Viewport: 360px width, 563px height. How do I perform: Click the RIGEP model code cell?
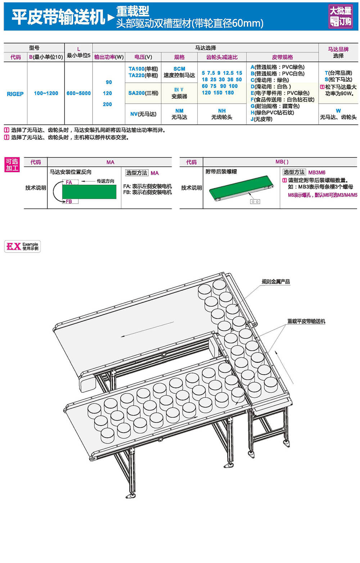15,94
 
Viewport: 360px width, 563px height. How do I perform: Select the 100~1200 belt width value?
46,93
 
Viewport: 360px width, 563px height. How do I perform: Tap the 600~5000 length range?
78,93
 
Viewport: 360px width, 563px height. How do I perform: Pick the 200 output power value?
107,104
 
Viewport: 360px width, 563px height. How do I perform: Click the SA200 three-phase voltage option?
143,93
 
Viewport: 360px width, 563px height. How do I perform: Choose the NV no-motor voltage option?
143,114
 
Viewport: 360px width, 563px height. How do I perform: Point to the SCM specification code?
179,69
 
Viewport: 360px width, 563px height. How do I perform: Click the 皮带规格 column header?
282,57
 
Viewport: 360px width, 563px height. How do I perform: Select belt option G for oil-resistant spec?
275,106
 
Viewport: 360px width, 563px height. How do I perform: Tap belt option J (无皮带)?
261,119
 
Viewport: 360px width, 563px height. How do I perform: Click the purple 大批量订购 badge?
341,16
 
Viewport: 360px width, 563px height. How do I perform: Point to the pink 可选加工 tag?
12,165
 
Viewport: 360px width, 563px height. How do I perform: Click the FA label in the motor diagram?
69,182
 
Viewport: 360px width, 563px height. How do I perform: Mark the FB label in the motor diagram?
69,201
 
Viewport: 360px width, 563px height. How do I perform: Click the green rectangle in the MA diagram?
89,192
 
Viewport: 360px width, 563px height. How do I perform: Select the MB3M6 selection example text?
317,172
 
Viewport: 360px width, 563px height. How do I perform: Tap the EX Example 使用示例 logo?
22,246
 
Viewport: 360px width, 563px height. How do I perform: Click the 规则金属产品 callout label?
276,281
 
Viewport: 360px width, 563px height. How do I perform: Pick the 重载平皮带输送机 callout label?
306,321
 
